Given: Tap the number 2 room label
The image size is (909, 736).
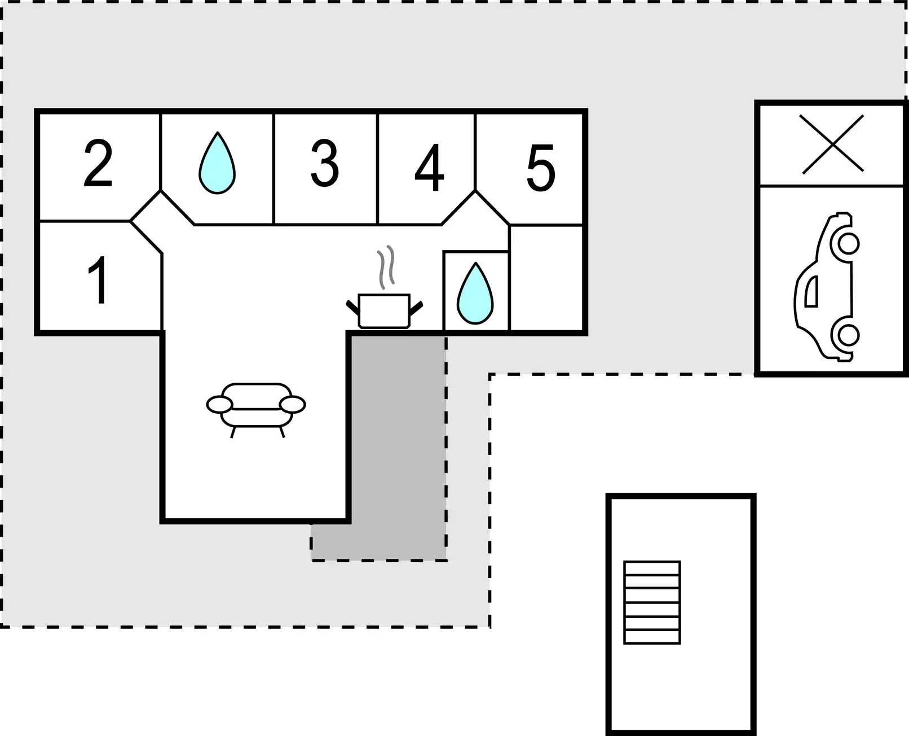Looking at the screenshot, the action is click(98, 163).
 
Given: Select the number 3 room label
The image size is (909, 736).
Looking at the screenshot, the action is click(325, 163).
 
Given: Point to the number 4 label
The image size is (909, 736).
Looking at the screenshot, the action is click(429, 167).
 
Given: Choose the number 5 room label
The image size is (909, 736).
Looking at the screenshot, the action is click(541, 168).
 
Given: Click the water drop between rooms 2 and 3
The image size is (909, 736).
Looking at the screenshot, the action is click(217, 163).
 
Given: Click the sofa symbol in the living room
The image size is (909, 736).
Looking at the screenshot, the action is click(256, 410).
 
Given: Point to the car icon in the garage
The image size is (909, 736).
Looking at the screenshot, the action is click(827, 287).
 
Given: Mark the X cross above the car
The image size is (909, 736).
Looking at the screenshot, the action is click(833, 144).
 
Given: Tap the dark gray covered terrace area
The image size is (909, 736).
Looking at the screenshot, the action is click(397, 449).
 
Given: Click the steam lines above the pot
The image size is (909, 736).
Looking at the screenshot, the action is click(386, 266).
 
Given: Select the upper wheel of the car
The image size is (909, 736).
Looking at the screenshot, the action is click(849, 244).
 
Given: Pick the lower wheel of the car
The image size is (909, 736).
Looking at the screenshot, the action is click(849, 335).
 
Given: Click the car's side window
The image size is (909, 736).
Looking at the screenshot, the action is click(811, 291).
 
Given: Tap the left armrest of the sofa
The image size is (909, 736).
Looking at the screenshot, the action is click(219, 405).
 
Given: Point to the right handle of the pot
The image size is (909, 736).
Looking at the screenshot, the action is click(416, 308).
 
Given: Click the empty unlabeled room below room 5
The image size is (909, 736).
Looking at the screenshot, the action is click(546, 278).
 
